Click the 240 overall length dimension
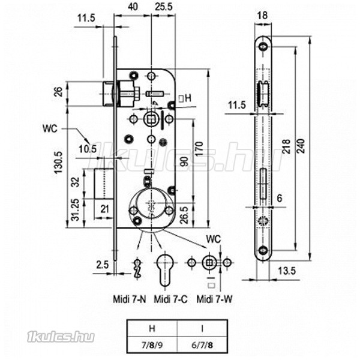coord(301,146)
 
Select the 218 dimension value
coord(286,146)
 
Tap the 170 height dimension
coord(199,149)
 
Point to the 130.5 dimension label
coord(58,163)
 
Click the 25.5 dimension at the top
coord(163,7)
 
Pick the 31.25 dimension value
coord(75,209)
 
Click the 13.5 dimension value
coord(287,271)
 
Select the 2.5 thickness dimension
coord(102,265)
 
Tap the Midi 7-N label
coord(130,299)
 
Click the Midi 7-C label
coord(170,299)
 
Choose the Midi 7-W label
coord(215,299)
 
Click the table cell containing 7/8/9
coord(152,345)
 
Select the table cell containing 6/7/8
coord(202,345)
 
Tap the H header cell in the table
coord(152,329)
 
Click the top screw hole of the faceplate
coord(263,47)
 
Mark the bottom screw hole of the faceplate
coord(263,250)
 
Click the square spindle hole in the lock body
coord(151,119)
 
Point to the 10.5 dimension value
coord(88,149)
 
